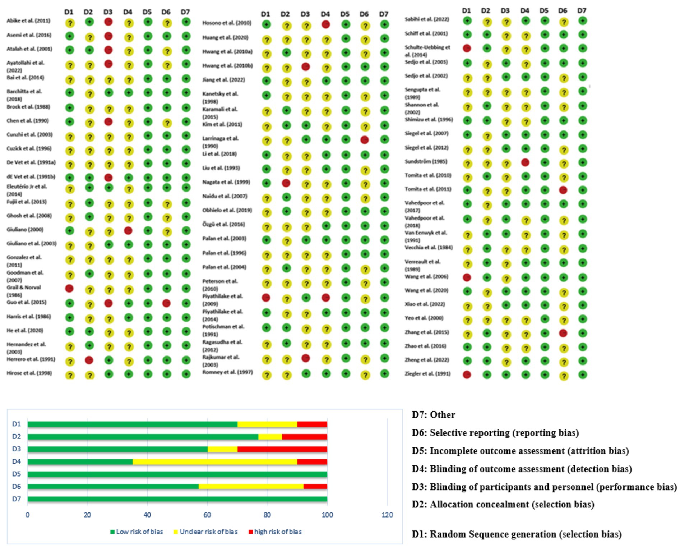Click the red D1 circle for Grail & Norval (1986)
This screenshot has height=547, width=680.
[x=69, y=288]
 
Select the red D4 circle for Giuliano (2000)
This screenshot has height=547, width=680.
[x=128, y=230]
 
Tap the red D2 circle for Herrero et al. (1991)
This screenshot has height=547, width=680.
[x=89, y=360]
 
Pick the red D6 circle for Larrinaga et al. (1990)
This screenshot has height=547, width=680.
[x=364, y=140]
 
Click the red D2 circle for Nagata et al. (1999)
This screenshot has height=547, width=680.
[x=286, y=183]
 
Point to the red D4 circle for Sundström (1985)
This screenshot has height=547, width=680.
[x=525, y=162]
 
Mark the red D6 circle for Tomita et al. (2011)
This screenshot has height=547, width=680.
[x=563, y=190]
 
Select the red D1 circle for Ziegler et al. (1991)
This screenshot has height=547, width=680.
[x=467, y=375]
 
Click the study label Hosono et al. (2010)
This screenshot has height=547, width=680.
[x=227, y=23]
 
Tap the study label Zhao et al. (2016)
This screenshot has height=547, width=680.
[x=425, y=346]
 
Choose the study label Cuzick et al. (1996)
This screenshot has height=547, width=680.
[x=29, y=148]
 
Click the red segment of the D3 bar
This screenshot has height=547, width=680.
[x=282, y=449]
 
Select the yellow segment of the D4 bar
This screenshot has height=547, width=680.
[x=215, y=462]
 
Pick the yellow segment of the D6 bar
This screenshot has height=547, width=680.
[x=251, y=487]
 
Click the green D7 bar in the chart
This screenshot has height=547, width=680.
[x=177, y=499]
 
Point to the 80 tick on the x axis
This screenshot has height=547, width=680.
[x=267, y=515]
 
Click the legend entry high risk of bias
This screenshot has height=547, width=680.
[x=278, y=532]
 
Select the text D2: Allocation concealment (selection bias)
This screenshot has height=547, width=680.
[x=503, y=505]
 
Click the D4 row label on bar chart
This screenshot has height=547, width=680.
[x=17, y=461]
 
